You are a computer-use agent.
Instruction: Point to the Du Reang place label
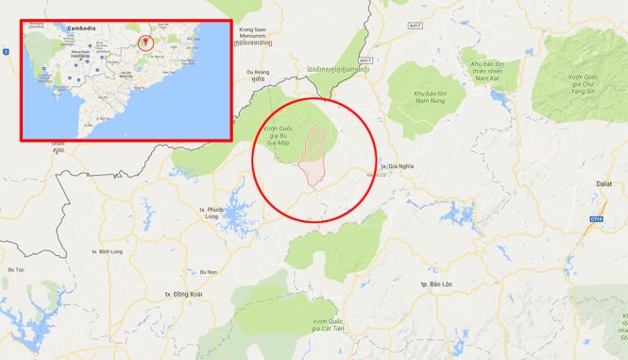(x=257, y=72)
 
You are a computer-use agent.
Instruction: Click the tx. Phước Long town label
(x=216, y=212)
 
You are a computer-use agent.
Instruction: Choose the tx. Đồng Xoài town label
(x=179, y=295)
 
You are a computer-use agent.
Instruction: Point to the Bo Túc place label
(x=16, y=270)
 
